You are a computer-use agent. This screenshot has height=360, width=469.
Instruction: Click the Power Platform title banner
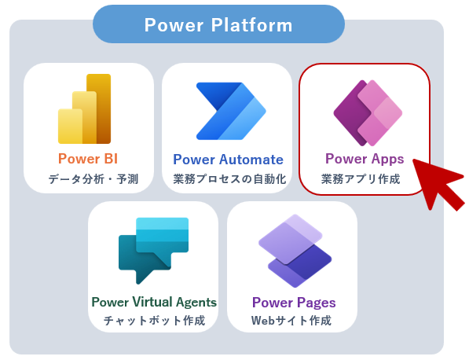218,24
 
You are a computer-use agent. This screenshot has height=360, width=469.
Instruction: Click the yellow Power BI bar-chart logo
84,108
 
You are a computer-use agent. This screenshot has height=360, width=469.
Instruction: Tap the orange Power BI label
88,159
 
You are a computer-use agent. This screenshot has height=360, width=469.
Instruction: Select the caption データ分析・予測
93,179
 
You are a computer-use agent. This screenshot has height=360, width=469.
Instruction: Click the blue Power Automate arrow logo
231,111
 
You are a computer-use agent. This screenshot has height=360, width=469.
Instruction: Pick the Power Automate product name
229,160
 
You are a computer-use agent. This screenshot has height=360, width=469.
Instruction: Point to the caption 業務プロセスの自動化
229,179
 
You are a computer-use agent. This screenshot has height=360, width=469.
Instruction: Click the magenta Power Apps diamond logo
368,113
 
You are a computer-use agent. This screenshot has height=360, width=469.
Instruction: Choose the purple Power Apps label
365,159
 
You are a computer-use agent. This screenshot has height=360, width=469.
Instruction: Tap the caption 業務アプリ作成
361,179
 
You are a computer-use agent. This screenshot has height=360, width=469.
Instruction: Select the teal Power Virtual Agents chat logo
153,251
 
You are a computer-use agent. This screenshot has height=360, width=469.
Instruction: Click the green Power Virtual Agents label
154,303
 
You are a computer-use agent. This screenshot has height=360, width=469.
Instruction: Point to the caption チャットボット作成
154,321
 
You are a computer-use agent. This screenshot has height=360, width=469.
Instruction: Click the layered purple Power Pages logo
295,251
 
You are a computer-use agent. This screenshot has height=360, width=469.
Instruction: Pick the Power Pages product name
294,303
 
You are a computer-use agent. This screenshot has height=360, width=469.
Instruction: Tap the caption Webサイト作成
291,321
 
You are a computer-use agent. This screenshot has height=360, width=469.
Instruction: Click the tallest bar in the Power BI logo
99,108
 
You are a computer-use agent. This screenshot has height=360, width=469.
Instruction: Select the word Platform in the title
252,25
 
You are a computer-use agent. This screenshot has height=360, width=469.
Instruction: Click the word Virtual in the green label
152,302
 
